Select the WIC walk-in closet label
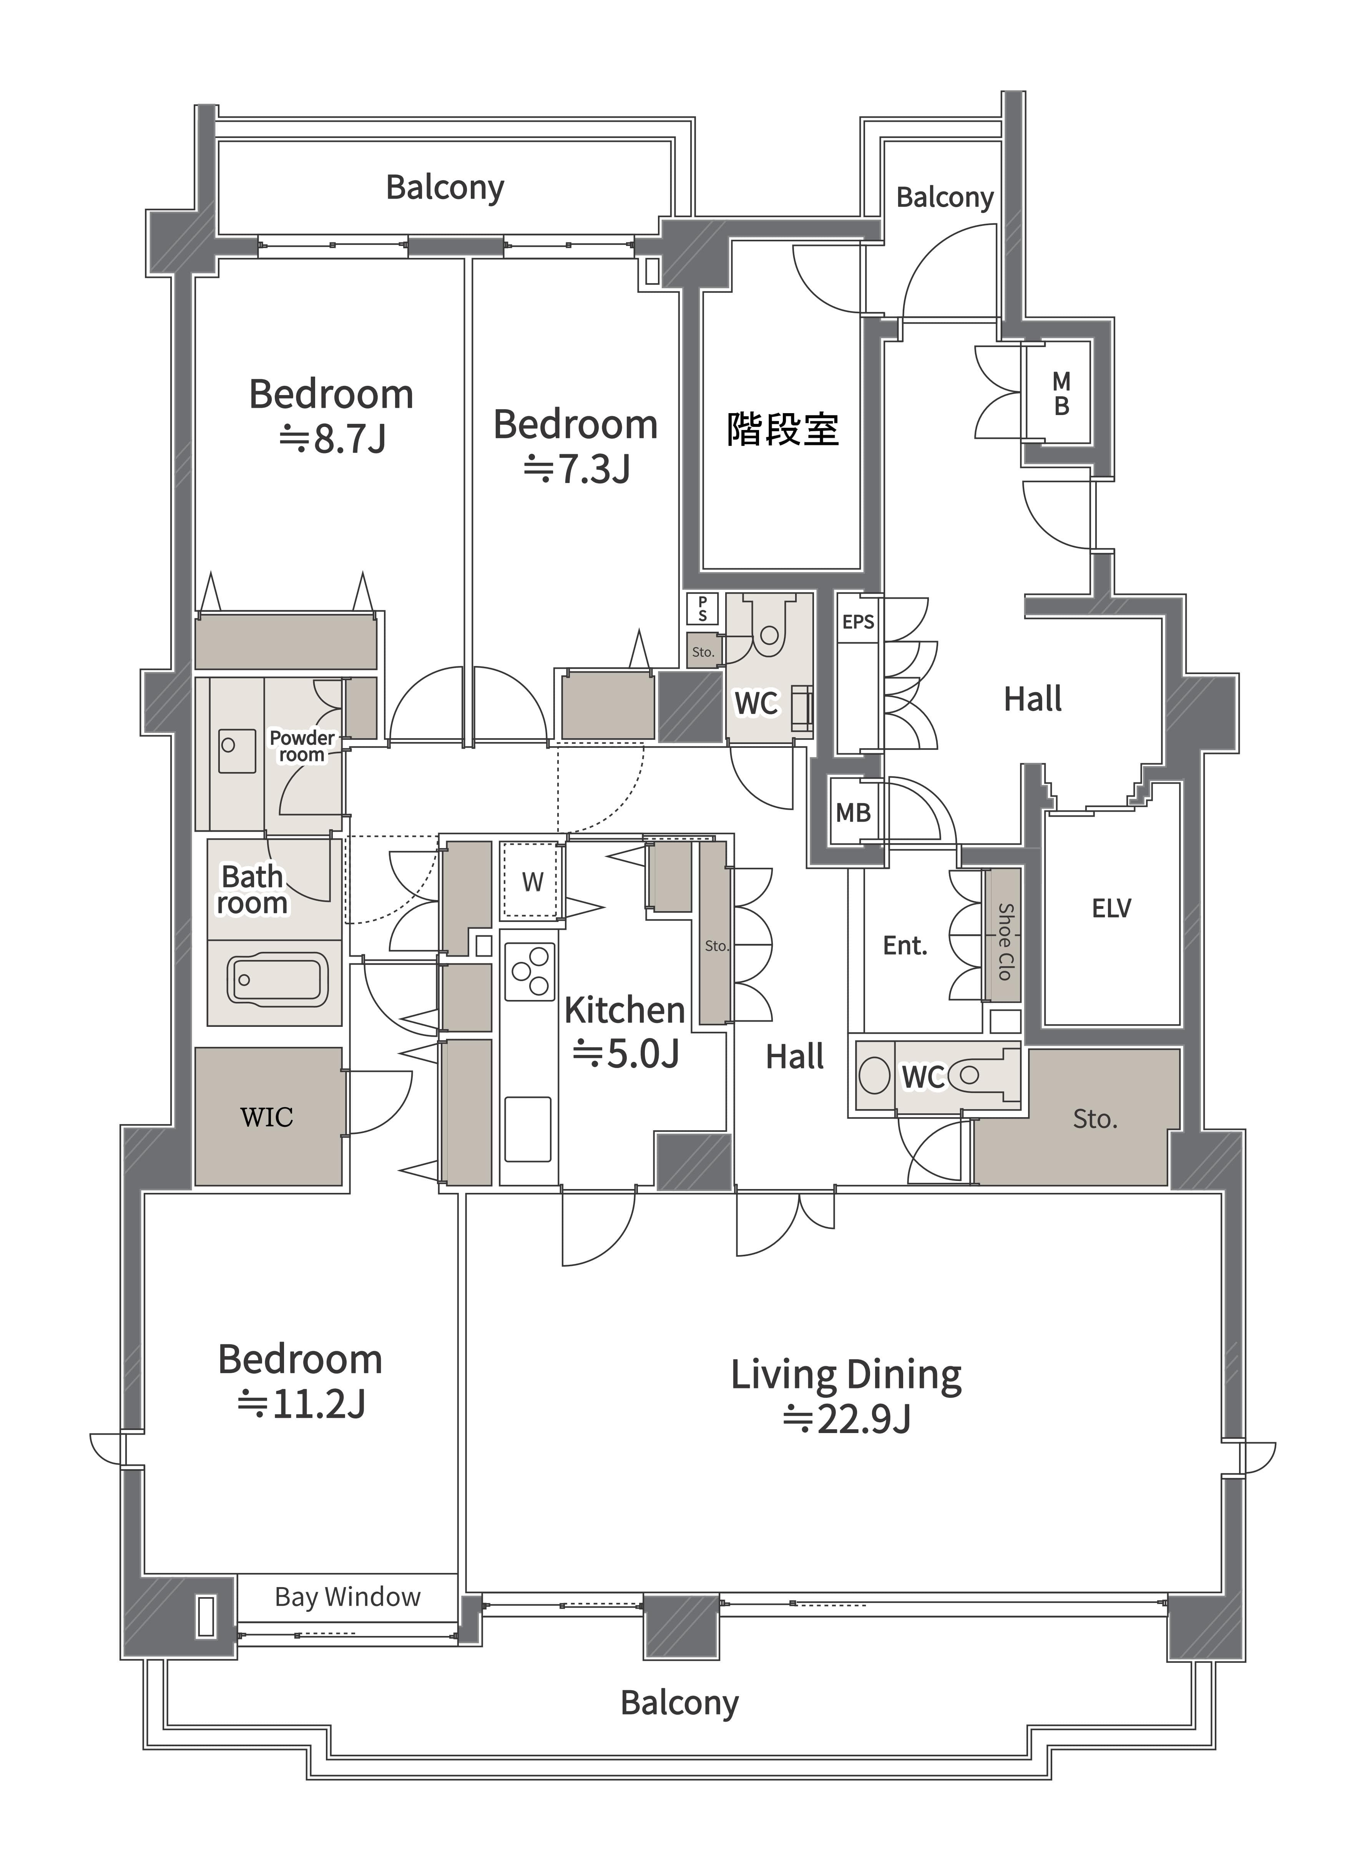(266, 1117)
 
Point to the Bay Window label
(347, 1597)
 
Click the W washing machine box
(532, 881)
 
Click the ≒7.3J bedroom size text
(577, 469)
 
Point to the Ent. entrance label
(904, 946)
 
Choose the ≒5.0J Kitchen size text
(626, 1053)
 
